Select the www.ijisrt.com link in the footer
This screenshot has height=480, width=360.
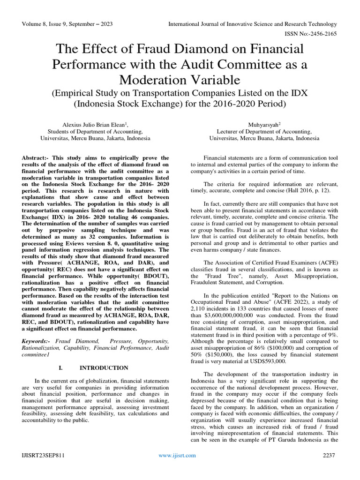177,455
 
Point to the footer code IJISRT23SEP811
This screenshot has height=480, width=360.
42,455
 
